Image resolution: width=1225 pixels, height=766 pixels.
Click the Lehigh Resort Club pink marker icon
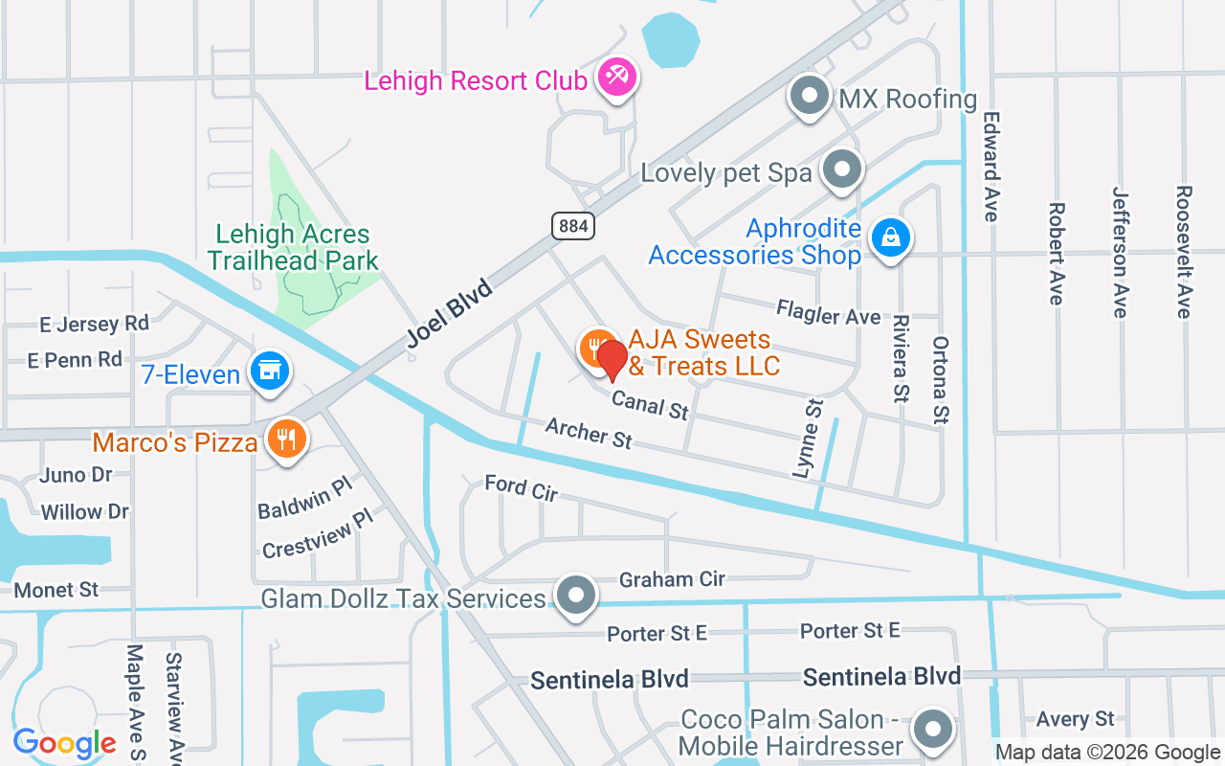[x=617, y=78]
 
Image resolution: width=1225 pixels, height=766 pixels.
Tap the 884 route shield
[x=573, y=226]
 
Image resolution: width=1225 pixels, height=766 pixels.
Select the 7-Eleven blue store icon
[x=270, y=371]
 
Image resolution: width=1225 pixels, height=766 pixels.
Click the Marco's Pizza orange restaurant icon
[x=285, y=439]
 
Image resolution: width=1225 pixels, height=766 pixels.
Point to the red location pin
[x=612, y=360]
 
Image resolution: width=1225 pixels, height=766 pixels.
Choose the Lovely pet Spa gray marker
[x=842, y=169]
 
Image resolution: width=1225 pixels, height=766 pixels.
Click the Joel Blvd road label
[x=450, y=313]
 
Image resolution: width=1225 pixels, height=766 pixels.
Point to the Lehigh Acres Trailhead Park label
[x=293, y=247]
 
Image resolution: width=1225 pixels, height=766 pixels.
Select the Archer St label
[x=589, y=433]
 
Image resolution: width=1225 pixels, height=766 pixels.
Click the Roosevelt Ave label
[x=1184, y=251]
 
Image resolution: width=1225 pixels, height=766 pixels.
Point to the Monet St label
[x=56, y=590]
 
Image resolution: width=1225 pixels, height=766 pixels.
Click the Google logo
[x=64, y=742]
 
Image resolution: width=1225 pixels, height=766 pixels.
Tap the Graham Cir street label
[x=672, y=579]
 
